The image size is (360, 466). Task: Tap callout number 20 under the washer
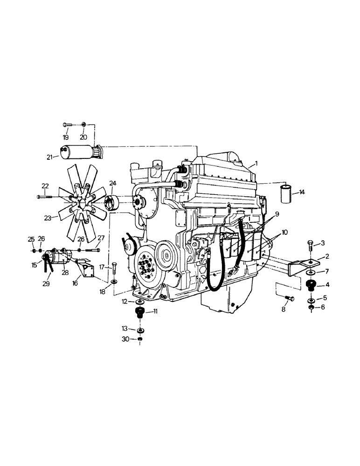(83, 137)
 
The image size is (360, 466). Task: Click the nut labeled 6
(311, 307)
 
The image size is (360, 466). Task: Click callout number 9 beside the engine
(277, 214)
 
